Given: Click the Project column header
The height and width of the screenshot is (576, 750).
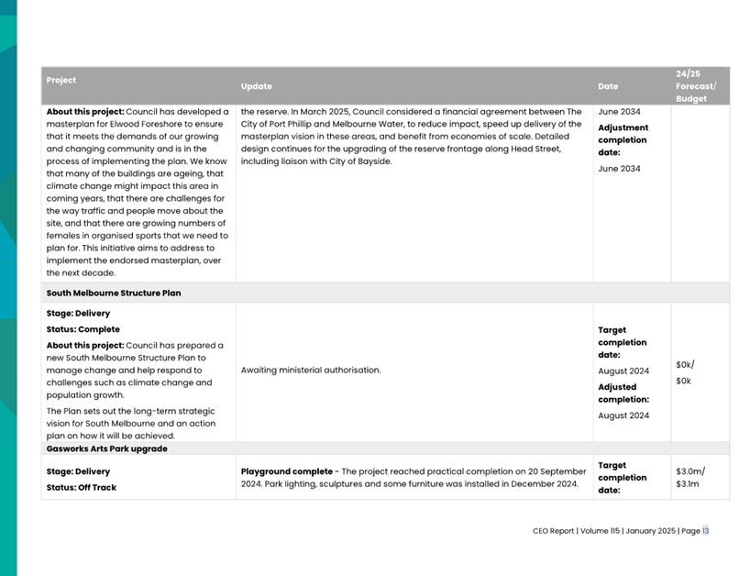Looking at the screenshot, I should click(x=61, y=80).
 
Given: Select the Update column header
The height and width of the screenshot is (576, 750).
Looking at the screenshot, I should click(x=257, y=86).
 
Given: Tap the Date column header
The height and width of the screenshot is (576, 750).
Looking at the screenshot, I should click(x=608, y=86).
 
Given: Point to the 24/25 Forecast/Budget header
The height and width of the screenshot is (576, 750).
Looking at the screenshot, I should click(x=696, y=85).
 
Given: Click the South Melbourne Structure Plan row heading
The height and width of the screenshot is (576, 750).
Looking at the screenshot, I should click(x=114, y=294).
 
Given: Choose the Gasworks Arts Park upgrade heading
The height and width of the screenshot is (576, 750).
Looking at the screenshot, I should click(x=106, y=449).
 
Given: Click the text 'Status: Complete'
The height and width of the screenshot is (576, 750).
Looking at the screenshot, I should click(x=83, y=329).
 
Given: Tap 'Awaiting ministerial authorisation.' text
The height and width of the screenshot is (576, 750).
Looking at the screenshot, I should click(x=311, y=371).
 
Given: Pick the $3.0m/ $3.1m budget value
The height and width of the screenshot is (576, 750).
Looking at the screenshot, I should click(x=689, y=477).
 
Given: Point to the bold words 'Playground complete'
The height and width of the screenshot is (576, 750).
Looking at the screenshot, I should click(x=286, y=471).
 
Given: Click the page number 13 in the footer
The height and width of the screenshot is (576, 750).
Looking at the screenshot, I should click(x=705, y=530).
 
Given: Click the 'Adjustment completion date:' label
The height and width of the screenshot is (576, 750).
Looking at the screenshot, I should click(x=623, y=140).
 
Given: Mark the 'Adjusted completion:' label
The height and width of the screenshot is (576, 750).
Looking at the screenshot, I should click(x=623, y=393).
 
